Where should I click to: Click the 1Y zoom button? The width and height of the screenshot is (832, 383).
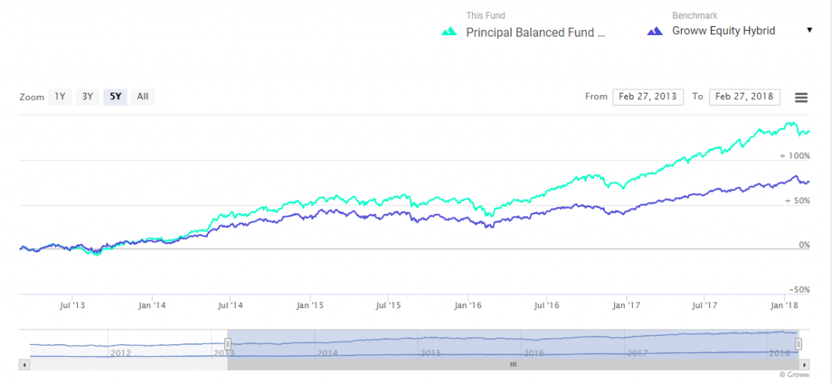pos(59,97)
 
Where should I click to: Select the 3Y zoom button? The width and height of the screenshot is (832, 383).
pos(87,97)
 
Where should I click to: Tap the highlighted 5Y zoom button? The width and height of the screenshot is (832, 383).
pos(115,97)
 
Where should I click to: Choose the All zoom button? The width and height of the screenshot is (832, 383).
pos(142,97)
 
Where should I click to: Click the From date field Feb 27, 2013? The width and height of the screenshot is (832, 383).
pos(648,97)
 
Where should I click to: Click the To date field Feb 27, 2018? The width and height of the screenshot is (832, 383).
pos(744,97)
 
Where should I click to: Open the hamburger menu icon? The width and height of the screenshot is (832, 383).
pos(801,98)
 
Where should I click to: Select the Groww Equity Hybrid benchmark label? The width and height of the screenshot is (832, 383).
pos(723,31)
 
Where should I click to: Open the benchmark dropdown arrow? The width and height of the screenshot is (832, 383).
pos(809,31)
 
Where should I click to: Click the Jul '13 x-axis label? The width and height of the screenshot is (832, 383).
pos(73,306)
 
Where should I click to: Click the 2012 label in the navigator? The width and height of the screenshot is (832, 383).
pos(120,353)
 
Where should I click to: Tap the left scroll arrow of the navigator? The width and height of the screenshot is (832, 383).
pos(24,365)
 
